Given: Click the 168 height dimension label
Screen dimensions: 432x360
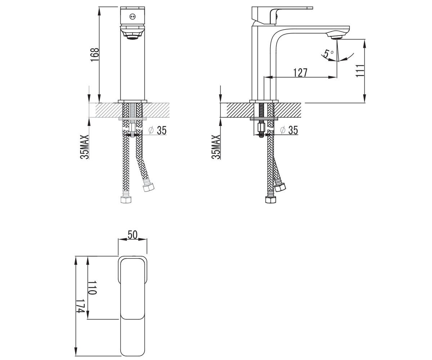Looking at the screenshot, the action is point(94,55).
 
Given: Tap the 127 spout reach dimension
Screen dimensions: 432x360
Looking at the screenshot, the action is point(300,72).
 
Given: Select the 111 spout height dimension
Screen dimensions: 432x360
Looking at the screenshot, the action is point(360,71).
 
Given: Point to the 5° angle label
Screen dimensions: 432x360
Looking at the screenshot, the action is point(329,54).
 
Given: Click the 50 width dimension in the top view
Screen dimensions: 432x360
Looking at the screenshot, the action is point(132,235).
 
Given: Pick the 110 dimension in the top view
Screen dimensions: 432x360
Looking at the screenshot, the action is point(92,288).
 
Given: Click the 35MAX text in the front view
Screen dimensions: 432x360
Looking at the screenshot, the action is point(85,147).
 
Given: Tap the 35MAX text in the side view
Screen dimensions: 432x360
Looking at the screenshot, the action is point(216,147).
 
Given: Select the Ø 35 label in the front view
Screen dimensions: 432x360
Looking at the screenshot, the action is point(158,130).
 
